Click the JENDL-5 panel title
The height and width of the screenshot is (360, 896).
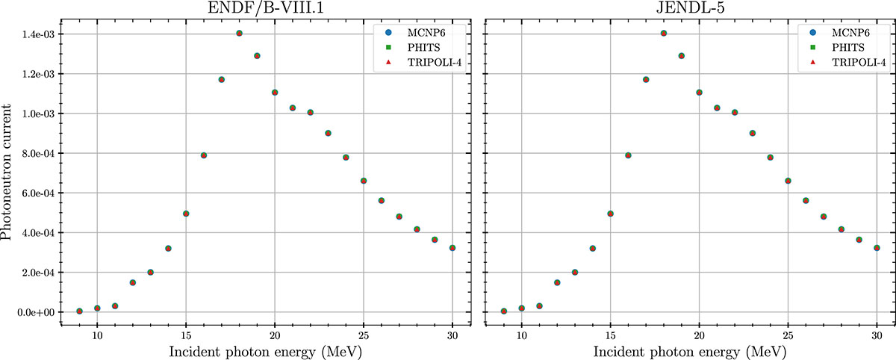(x=689, y=9)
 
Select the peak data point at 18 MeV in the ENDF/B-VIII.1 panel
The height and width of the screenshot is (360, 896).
(x=239, y=34)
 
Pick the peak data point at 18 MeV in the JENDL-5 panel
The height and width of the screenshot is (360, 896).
(x=664, y=34)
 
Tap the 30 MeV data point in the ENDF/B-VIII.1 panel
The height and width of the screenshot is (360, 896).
(x=452, y=248)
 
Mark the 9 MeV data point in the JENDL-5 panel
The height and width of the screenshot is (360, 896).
(x=504, y=311)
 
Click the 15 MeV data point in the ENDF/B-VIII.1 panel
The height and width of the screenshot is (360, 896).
(x=186, y=214)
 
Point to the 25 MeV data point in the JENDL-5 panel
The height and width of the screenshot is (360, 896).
(x=788, y=181)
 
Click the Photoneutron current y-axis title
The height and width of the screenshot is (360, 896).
(x=8, y=173)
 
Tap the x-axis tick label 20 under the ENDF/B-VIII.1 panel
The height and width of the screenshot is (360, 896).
(x=275, y=335)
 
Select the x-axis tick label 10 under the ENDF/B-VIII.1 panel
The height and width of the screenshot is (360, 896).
(x=97, y=335)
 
